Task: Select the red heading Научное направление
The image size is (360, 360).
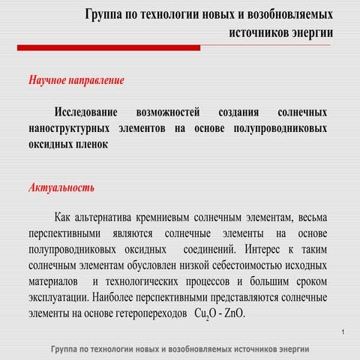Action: coord(76,79)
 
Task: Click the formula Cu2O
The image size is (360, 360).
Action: coord(205,313)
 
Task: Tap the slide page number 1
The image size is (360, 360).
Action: coord(341,331)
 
